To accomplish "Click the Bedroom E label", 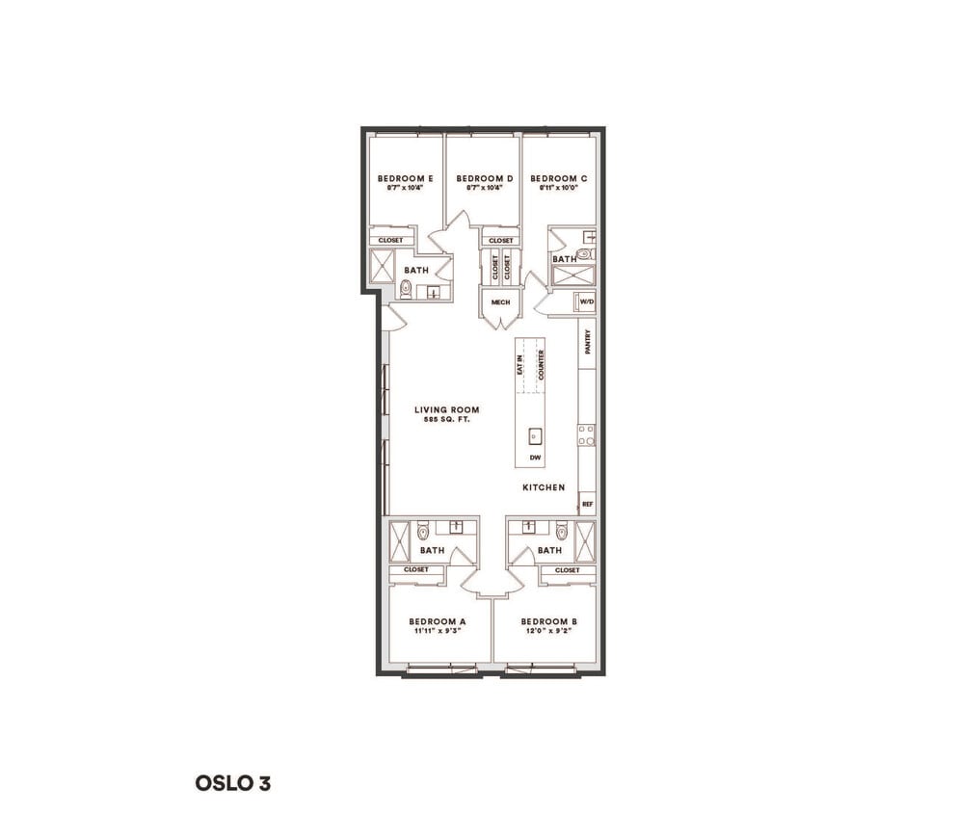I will click(404, 178).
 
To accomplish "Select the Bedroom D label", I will click(484, 178).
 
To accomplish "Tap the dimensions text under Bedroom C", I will click(559, 189).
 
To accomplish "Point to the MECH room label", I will click(500, 302).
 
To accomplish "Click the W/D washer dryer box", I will click(586, 303).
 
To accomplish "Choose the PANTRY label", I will click(587, 344).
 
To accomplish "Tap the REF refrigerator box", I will click(587, 503).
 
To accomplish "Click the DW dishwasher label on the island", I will click(535, 458).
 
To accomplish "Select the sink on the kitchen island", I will click(535, 435).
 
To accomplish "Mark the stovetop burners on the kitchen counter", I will click(586, 434).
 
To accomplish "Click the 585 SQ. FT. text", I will click(446, 420).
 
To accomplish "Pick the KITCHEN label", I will click(544, 487).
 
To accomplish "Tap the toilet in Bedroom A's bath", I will click(423, 531).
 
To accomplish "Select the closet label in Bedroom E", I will click(390, 241).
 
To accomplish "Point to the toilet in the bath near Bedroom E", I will click(406, 289).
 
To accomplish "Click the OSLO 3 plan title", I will click(233, 783).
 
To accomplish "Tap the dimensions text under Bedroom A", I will click(437, 633).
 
